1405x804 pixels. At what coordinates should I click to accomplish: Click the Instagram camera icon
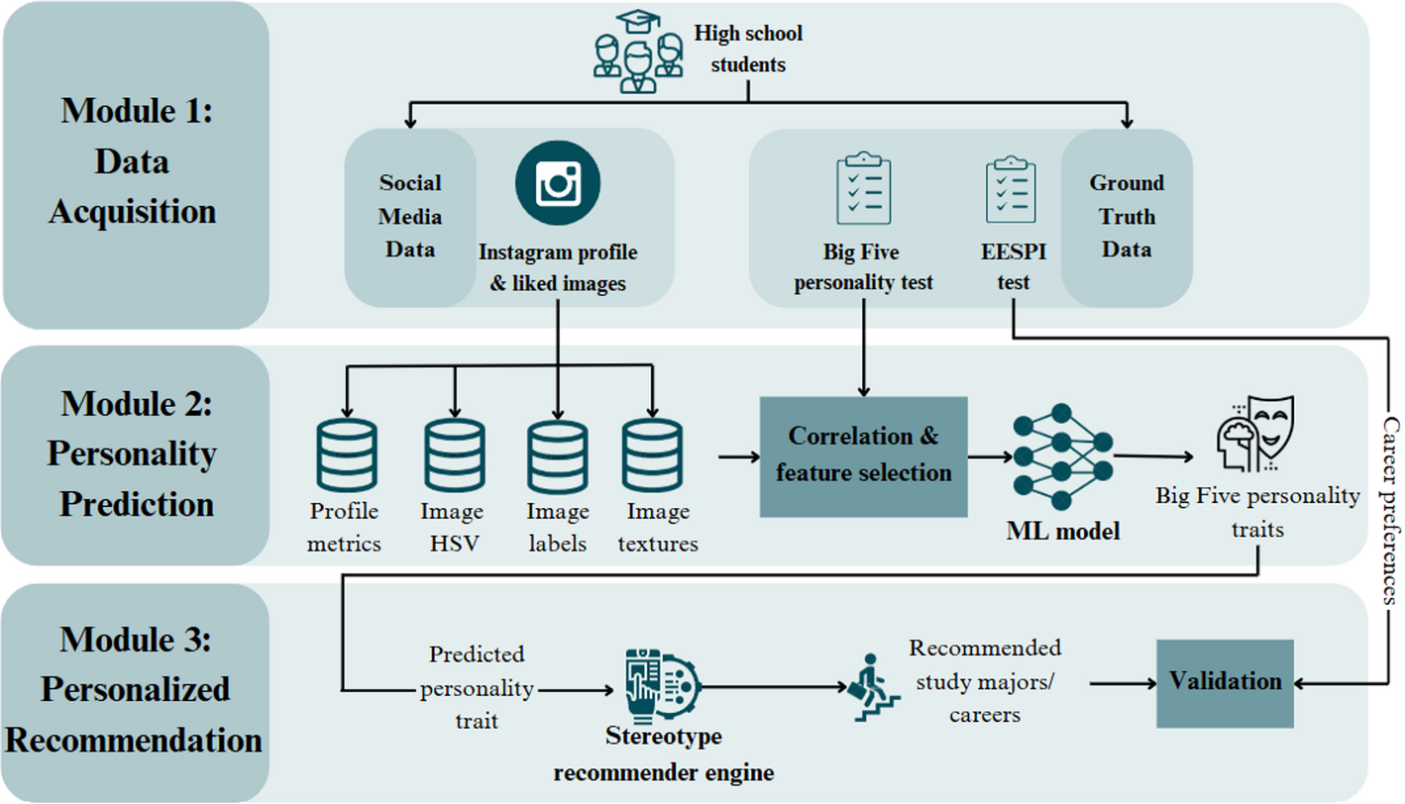(558, 183)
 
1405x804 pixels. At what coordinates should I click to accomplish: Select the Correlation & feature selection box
(863, 455)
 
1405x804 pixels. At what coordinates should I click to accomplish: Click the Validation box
(1225, 682)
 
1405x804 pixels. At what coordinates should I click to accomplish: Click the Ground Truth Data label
(1127, 216)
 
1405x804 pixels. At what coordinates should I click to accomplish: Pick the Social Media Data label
(410, 216)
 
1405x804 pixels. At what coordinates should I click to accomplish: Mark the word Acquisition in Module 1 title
(133, 211)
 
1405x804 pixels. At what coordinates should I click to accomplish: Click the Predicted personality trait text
(477, 688)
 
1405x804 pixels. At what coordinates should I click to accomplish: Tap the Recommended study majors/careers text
(985, 680)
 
